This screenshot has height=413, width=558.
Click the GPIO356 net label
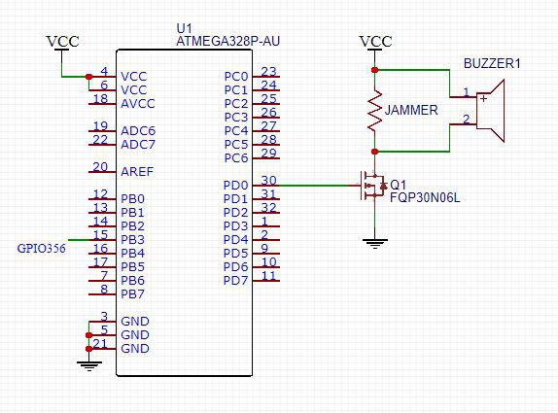[41, 248]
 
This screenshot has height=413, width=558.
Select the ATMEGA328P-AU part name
[228, 41]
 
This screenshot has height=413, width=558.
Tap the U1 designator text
[184, 28]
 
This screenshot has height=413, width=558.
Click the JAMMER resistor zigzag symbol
[374, 110]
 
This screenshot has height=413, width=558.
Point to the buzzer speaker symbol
[490, 111]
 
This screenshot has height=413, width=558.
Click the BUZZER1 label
[492, 64]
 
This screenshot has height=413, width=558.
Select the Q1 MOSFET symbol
[373, 186]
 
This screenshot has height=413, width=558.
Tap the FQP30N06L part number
[425, 198]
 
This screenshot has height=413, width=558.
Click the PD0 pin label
[235, 186]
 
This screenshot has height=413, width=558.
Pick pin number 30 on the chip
[268, 180]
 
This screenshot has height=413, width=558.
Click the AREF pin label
[137, 172]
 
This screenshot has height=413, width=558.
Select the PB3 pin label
[133, 240]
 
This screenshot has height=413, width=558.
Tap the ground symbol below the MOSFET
[374, 244]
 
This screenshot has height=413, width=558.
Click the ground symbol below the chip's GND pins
[89, 366]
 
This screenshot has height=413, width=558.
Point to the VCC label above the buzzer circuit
[376, 42]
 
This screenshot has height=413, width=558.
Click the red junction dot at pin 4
[89, 77]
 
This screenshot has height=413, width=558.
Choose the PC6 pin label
[236, 158]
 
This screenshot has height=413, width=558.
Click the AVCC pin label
[138, 104]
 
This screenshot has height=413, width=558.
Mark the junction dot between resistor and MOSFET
[374, 152]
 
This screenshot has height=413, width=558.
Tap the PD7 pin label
[235, 281]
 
